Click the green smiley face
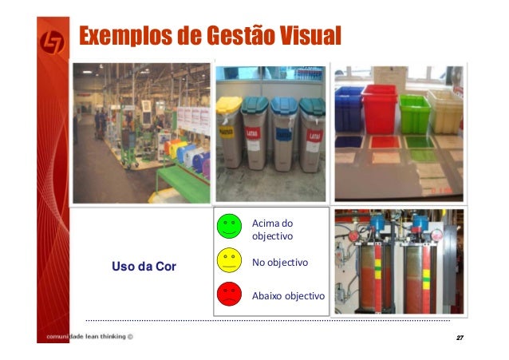point(229,227)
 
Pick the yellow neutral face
point(229,261)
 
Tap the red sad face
point(229,295)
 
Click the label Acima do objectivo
point(273,229)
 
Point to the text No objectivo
point(280,262)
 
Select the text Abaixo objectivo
point(288,295)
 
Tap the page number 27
point(459,338)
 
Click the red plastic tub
point(379,108)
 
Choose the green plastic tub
point(414,112)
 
